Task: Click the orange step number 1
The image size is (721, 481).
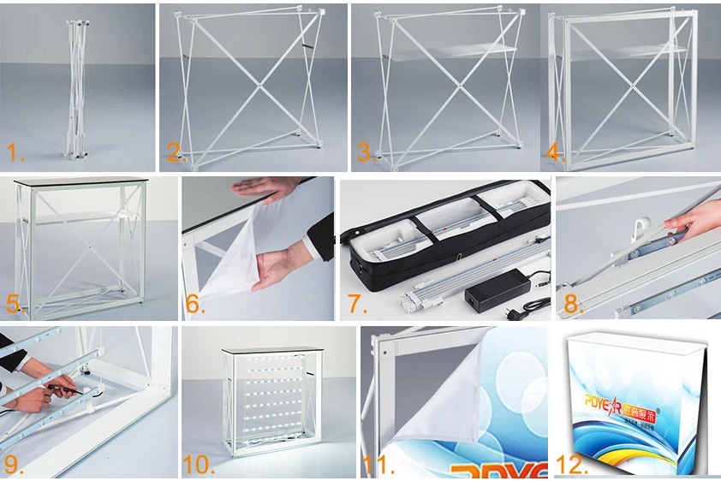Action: coord(16,153)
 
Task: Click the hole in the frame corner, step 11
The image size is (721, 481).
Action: coord(385,351)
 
